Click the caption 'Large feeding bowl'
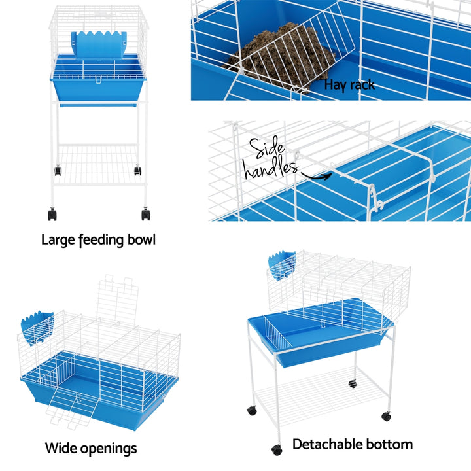click(x=98, y=239)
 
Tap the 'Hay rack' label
click(x=349, y=85)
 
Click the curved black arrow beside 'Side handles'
click(x=315, y=174)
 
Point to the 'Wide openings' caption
click(x=91, y=448)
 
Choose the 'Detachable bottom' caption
click(x=352, y=444)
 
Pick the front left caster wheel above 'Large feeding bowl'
click(x=52, y=214)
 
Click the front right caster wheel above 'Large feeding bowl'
click(x=145, y=214)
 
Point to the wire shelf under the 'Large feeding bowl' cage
click(x=98, y=165)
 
